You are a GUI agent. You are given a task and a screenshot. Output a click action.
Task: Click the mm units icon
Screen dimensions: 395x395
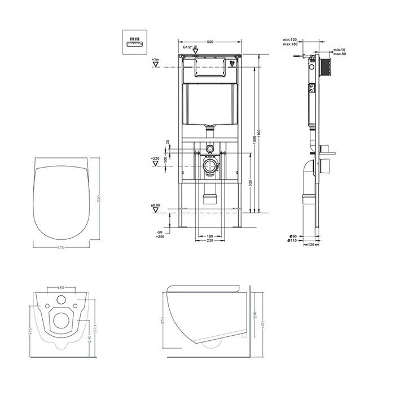click(134, 41)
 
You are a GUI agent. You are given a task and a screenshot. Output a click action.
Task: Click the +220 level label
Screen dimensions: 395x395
click(155, 159)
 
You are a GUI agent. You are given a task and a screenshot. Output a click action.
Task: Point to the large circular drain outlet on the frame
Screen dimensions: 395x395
click(210, 167)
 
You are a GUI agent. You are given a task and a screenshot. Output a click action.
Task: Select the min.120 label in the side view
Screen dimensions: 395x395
click(291, 39)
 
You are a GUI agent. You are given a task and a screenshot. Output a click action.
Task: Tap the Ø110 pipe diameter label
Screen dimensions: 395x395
click(293, 241)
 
